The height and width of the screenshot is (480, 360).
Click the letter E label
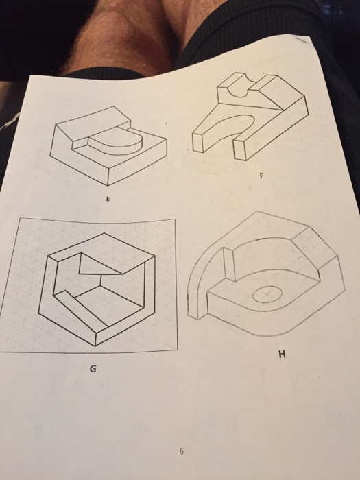click(107, 201)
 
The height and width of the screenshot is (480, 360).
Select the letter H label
click(280, 355)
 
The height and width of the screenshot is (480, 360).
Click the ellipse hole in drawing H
click(266, 296)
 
